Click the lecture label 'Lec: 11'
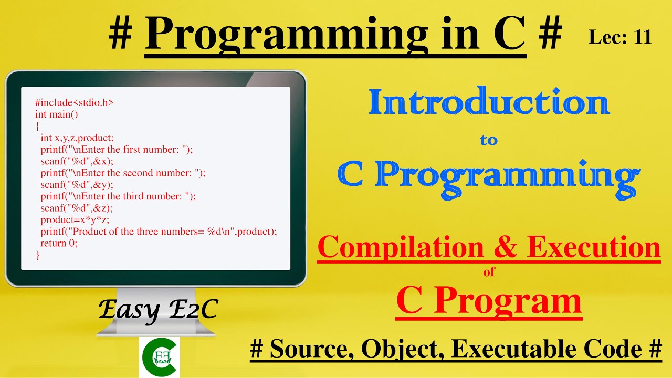tap(620, 37)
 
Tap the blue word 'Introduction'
tap(488, 103)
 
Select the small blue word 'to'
tap(488, 141)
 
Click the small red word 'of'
tap(489, 272)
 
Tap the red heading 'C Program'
tap(489, 300)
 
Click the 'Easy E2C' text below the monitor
tap(157, 310)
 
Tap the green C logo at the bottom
tap(159, 357)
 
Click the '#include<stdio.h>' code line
tap(74, 103)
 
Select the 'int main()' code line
tap(56, 114)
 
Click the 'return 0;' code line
tap(59, 243)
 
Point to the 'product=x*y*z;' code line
tap(75, 220)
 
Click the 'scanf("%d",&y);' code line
tap(77, 184)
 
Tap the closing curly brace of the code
tap(38, 255)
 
